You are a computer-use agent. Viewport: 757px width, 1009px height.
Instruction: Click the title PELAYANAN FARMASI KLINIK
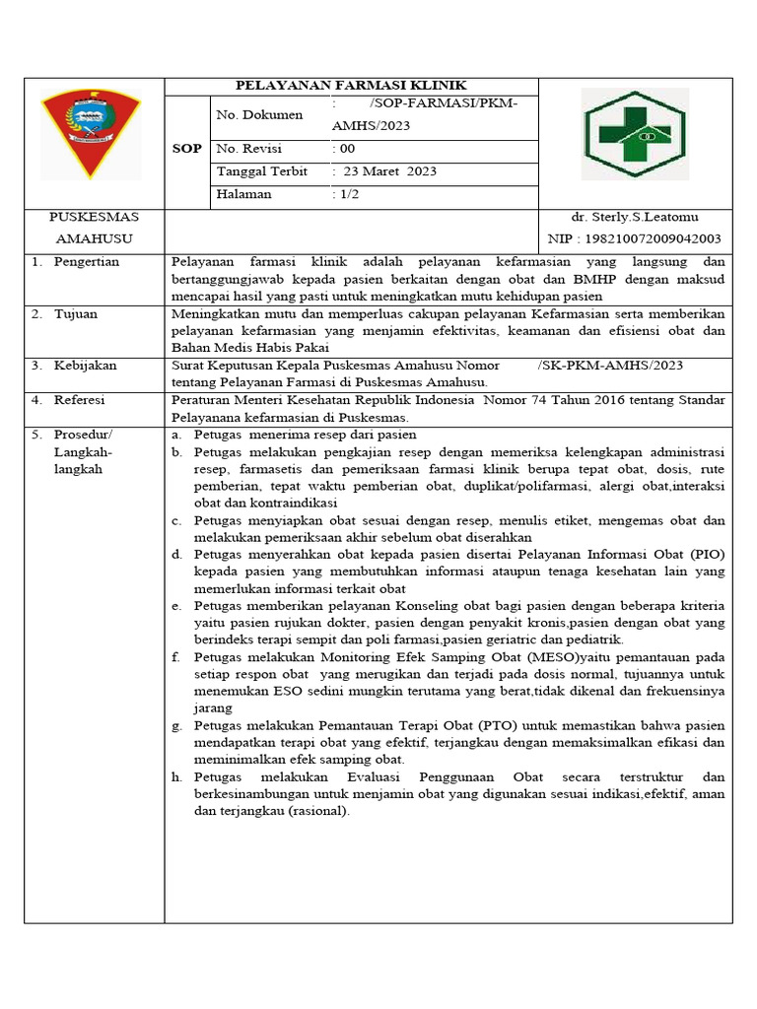351,86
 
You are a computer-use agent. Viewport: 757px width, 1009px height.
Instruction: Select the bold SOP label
187,149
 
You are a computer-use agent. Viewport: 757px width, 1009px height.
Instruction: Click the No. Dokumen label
259,115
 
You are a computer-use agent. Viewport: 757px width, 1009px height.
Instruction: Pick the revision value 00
347,149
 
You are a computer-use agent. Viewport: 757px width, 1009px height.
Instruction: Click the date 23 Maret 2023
389,171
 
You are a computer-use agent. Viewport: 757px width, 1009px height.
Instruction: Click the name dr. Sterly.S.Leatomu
635,217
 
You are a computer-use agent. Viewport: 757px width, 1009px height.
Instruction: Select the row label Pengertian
86,262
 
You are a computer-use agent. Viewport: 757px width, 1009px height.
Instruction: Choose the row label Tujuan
77,314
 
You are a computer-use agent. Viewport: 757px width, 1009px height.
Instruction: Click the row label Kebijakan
85,366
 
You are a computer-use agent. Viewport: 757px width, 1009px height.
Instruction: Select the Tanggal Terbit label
261,171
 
